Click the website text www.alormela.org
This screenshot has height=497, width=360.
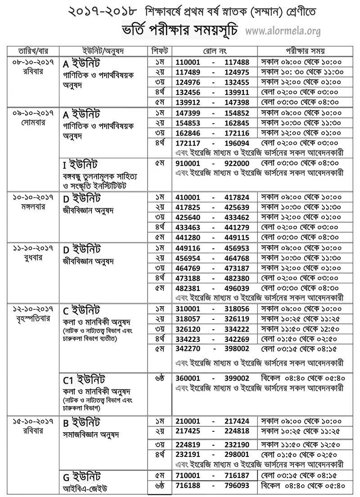(x=283, y=31)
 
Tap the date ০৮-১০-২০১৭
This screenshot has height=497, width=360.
(x=31, y=61)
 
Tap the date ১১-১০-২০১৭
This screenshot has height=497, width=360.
(x=31, y=248)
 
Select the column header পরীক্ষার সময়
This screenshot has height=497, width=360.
(x=306, y=50)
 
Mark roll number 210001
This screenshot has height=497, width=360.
(x=190, y=423)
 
